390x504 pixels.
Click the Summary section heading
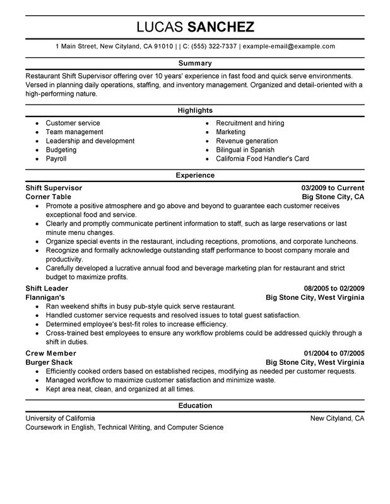[x=194, y=64]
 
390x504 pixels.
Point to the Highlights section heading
[x=194, y=110]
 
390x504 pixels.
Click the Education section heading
[x=194, y=405]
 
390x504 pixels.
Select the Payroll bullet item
[x=56, y=159]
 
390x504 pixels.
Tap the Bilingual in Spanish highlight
[x=245, y=150]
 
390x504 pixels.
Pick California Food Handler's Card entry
[x=262, y=159]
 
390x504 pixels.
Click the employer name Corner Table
[x=48, y=197]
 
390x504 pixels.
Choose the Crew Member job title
[x=50, y=353]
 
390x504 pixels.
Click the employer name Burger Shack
[x=49, y=362]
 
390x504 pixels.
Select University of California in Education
[x=61, y=418]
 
